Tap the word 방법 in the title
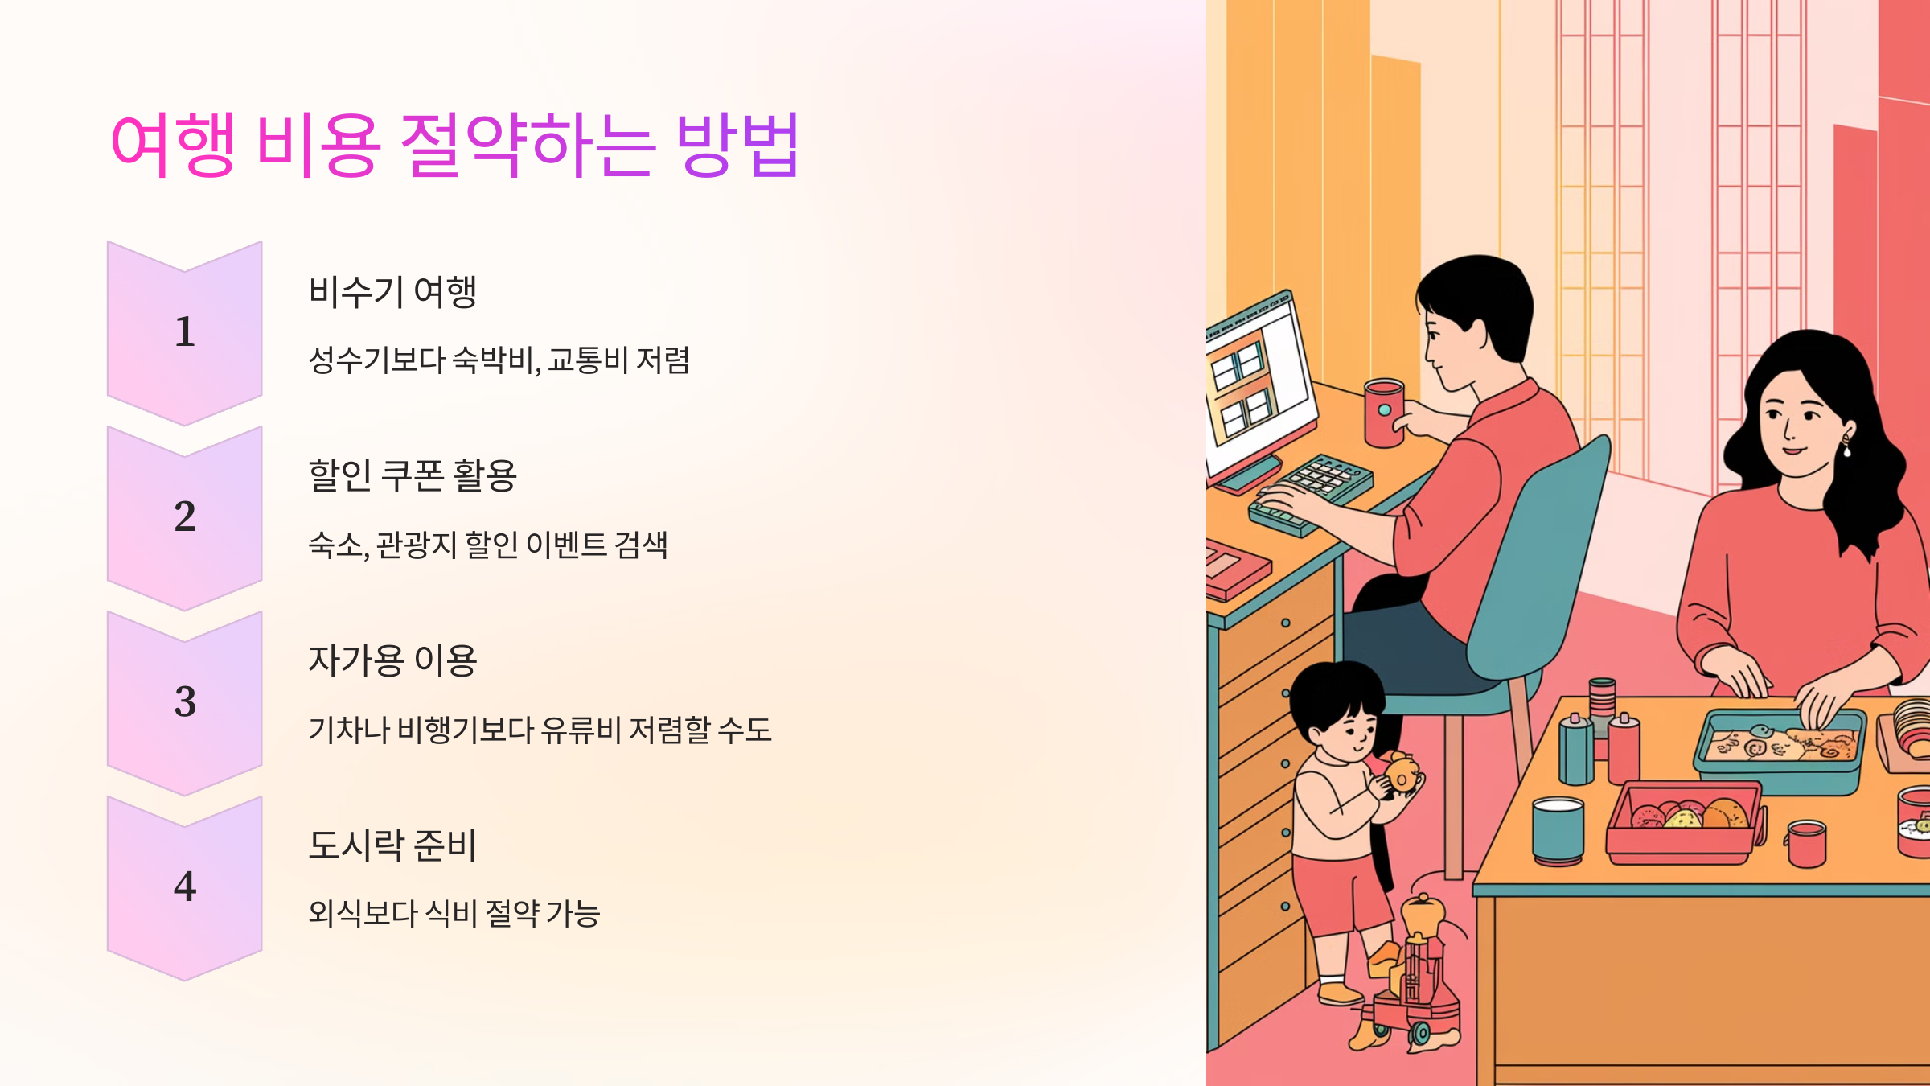point(737,145)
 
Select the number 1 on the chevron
point(185,331)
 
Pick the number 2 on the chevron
point(185,516)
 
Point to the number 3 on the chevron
point(185,701)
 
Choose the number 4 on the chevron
point(185,886)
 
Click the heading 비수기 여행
point(392,291)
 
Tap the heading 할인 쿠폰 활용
point(413,475)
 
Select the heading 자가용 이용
point(392,660)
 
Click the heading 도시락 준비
point(392,845)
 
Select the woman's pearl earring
point(1846,450)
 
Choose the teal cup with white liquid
point(1558,829)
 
